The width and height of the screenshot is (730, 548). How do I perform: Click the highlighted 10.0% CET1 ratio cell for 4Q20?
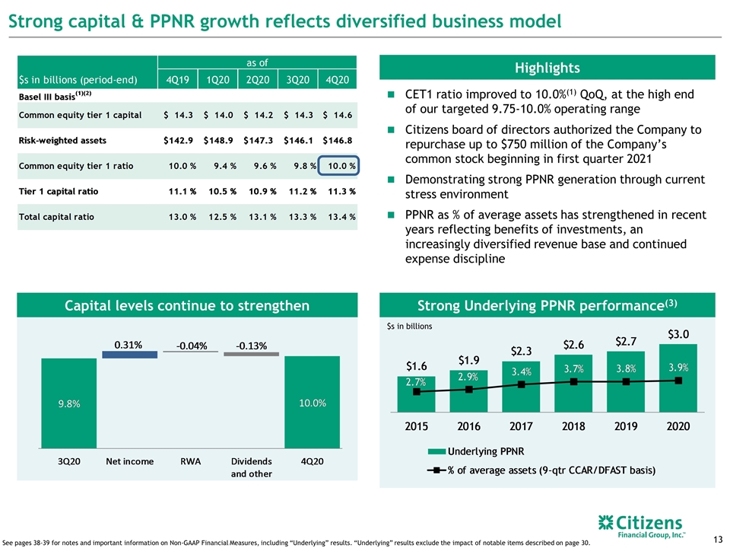[x=338, y=165]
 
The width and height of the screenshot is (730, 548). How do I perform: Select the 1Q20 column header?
[x=218, y=80]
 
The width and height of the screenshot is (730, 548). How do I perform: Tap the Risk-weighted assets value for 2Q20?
[x=258, y=140]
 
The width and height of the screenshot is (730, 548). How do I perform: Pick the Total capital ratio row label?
[x=56, y=217]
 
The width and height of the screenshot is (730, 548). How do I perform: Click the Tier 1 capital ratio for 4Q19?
[x=182, y=191]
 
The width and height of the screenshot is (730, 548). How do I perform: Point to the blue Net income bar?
[x=129, y=355]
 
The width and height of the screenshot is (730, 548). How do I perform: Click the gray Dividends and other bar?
[x=252, y=354]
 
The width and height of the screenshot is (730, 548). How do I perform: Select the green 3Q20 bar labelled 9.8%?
[x=69, y=403]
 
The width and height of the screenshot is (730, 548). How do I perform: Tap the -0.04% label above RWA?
[x=192, y=346]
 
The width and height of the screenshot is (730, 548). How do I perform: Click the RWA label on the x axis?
[x=190, y=461]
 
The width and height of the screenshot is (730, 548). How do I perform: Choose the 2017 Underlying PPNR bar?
[x=521, y=387]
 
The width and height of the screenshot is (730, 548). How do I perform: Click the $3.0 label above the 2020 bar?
[x=678, y=334]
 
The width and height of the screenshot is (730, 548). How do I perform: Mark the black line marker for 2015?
[x=417, y=392]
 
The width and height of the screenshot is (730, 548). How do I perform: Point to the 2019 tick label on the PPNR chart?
[x=626, y=426]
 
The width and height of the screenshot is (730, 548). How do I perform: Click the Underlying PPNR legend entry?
[x=476, y=451]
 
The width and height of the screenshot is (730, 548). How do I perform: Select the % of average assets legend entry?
[x=541, y=470]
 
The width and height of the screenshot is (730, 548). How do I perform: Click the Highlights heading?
[x=547, y=68]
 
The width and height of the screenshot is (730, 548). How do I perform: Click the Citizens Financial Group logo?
[x=641, y=526]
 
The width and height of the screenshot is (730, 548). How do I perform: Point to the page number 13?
[x=717, y=539]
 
